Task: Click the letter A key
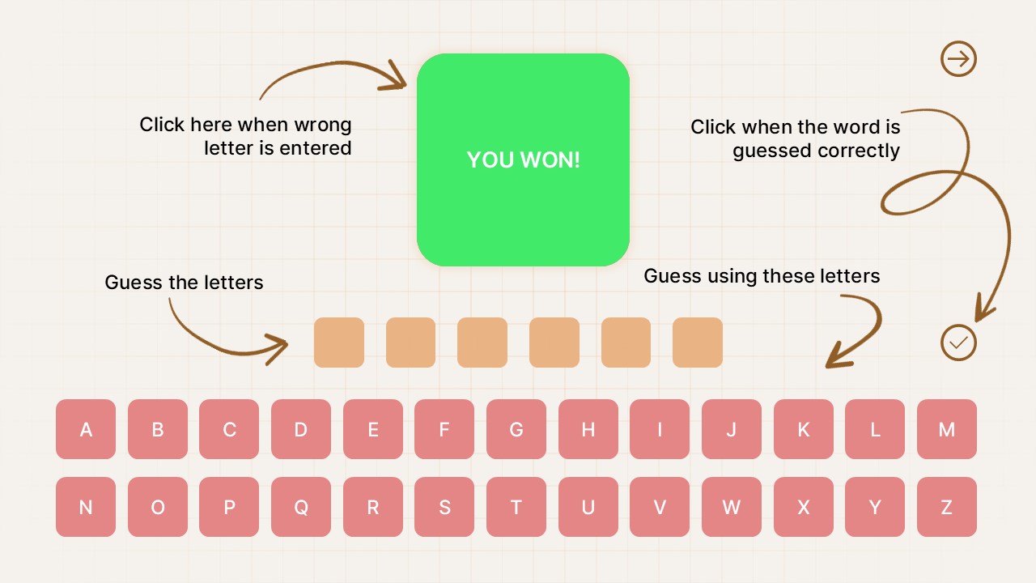coord(86,429)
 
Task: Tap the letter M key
coord(946,429)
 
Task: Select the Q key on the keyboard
coord(301,507)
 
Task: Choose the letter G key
coord(516,429)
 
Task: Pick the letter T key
coord(516,507)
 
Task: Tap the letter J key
coord(732,429)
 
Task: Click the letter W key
coord(732,507)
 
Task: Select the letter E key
coord(373,429)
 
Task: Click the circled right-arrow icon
coord(959,59)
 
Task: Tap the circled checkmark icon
coord(959,343)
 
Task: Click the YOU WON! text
coord(524,160)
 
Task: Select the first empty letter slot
coord(339,343)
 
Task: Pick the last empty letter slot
coord(698,343)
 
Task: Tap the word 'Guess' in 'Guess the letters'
coord(134,283)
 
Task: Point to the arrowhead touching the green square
coord(397,77)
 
